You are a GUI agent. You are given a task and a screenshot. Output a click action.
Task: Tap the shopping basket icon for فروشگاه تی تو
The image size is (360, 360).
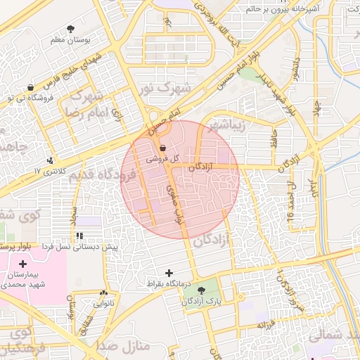tap(30, 88)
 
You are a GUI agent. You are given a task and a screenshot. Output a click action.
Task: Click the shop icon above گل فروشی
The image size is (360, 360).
tap(163, 148)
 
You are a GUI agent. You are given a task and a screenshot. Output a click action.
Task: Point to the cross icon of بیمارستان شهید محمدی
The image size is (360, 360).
tap(23, 263)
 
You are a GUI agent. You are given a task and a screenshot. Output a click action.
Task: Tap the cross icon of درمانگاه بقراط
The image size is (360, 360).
tap(168, 271)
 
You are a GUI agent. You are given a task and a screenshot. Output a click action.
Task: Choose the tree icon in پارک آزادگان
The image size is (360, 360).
tap(202, 290)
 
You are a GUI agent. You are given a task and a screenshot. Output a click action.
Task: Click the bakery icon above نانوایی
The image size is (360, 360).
tap(105, 293)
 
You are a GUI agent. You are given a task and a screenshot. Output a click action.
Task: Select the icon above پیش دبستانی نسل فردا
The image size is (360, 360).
tap(79, 236)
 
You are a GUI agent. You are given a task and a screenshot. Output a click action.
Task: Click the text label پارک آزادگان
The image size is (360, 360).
tap(202, 301)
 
